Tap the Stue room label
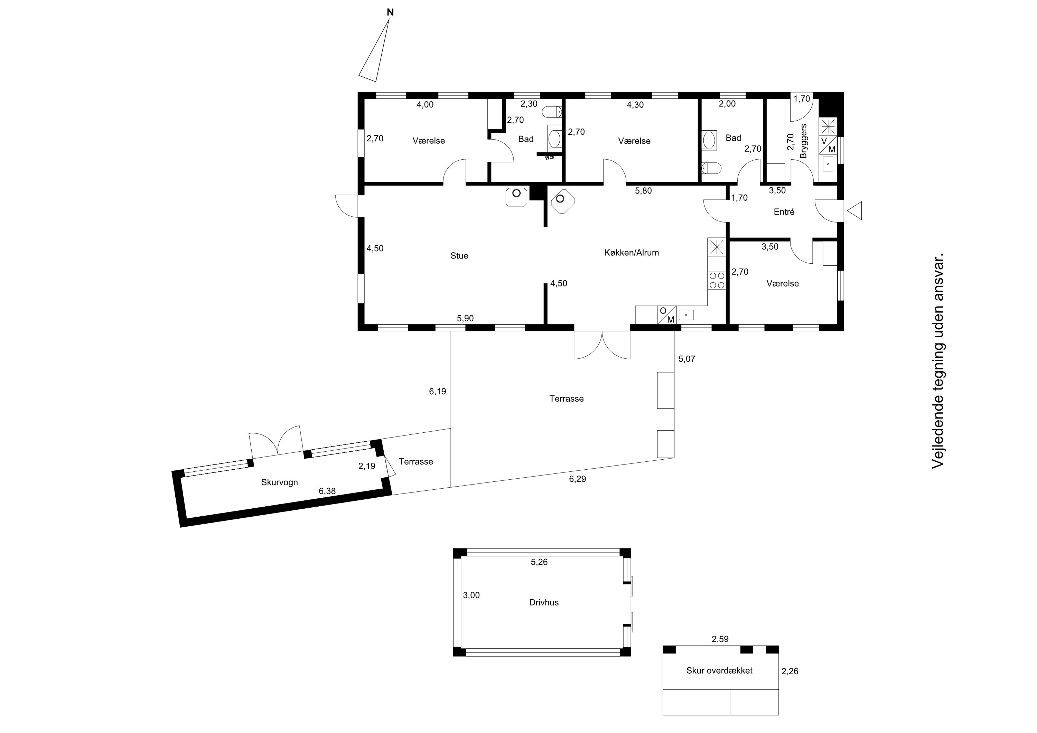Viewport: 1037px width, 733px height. pos(459,256)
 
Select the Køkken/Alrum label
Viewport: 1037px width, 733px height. pos(632,253)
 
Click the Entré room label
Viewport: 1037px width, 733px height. pos(784,212)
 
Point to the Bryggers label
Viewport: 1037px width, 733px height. pos(803,141)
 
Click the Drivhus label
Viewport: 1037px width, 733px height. pos(544,602)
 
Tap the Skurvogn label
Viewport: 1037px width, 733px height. pos(280,482)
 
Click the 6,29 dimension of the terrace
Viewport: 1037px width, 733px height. pos(577,479)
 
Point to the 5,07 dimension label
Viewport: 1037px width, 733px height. pos(686,359)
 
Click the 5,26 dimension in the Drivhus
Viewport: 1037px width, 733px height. pos(539,562)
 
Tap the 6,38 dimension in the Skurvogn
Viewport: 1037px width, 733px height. pos(327,491)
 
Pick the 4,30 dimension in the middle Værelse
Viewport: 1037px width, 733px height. pos(635,104)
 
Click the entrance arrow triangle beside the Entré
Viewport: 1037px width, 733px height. pos(854,210)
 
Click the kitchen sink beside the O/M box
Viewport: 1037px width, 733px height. pos(685,315)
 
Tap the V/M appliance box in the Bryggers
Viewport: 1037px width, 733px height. pos(828,145)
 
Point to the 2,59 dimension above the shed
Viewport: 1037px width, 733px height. pos(720,639)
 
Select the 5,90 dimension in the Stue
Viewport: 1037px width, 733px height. pos(465,318)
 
